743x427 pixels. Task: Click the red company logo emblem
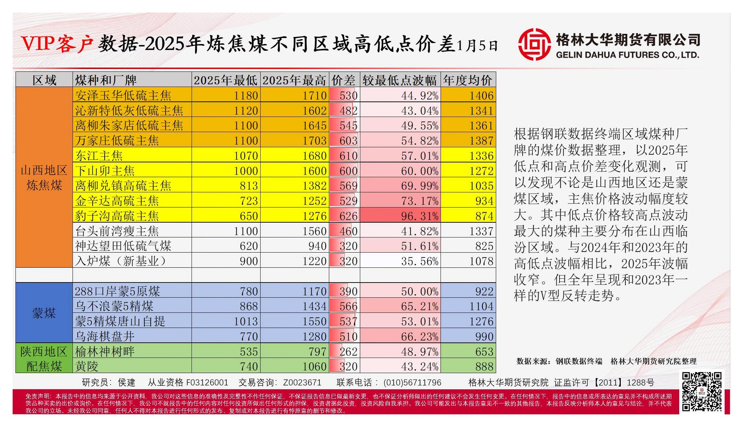coord(534,44)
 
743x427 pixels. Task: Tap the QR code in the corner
coord(701,391)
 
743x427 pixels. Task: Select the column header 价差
coord(344,80)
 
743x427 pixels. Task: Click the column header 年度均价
coord(468,80)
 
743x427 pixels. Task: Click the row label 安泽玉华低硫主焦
coord(123,95)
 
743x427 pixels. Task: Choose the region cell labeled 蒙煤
coord(44,313)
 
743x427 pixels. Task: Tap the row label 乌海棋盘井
coord(105,336)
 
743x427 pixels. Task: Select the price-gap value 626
coord(348,216)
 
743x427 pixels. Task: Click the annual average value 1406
coord(482,95)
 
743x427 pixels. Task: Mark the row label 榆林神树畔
coord(105,352)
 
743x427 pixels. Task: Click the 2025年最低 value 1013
coord(246,321)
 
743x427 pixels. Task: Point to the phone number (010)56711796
coord(412,383)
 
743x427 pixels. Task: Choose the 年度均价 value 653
coord(484,352)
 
